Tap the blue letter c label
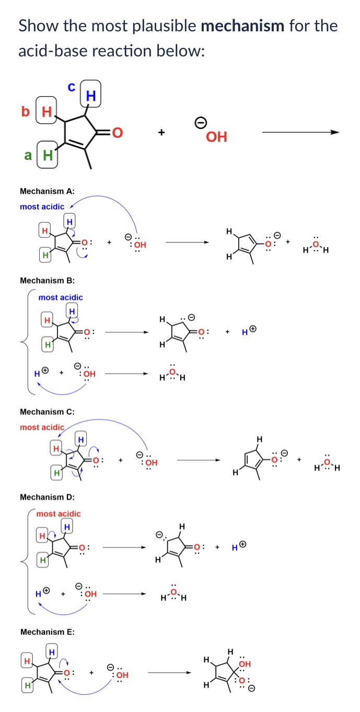[x=72, y=88]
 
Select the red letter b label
[x=24, y=111]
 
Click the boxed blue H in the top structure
[x=90, y=96]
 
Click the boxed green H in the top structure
[x=47, y=155]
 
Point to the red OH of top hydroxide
[x=216, y=137]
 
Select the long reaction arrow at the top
[x=300, y=132]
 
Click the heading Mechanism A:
[x=47, y=191]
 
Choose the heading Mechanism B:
[x=47, y=281]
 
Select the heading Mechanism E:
[x=47, y=632]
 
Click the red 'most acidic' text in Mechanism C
[x=42, y=427]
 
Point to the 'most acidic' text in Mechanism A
[x=42, y=207]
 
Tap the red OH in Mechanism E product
[x=245, y=664]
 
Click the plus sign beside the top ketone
[x=161, y=133]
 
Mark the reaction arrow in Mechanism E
[x=169, y=672]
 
